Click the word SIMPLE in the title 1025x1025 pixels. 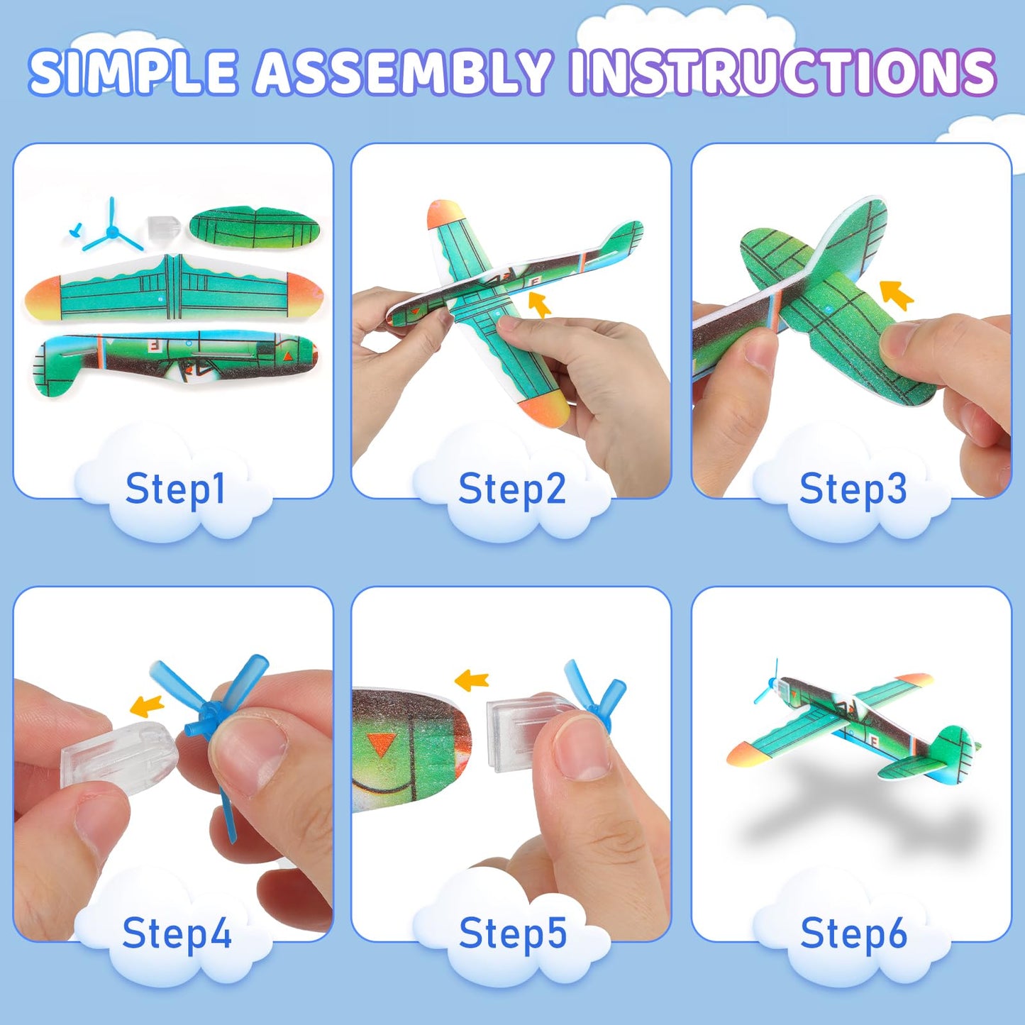(133, 73)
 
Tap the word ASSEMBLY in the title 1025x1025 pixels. (402, 73)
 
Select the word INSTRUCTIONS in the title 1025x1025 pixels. (782, 73)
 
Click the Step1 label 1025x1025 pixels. (175, 489)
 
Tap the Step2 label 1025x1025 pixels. (512, 489)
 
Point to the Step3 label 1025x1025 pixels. (853, 489)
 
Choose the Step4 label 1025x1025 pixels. (177, 933)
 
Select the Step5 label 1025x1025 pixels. (512, 933)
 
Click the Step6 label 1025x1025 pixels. (853, 933)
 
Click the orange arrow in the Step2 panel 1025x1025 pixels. (540, 304)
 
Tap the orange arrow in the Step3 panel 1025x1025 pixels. (896, 294)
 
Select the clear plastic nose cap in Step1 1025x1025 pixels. (161, 228)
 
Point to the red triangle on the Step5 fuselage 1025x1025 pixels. (384, 745)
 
